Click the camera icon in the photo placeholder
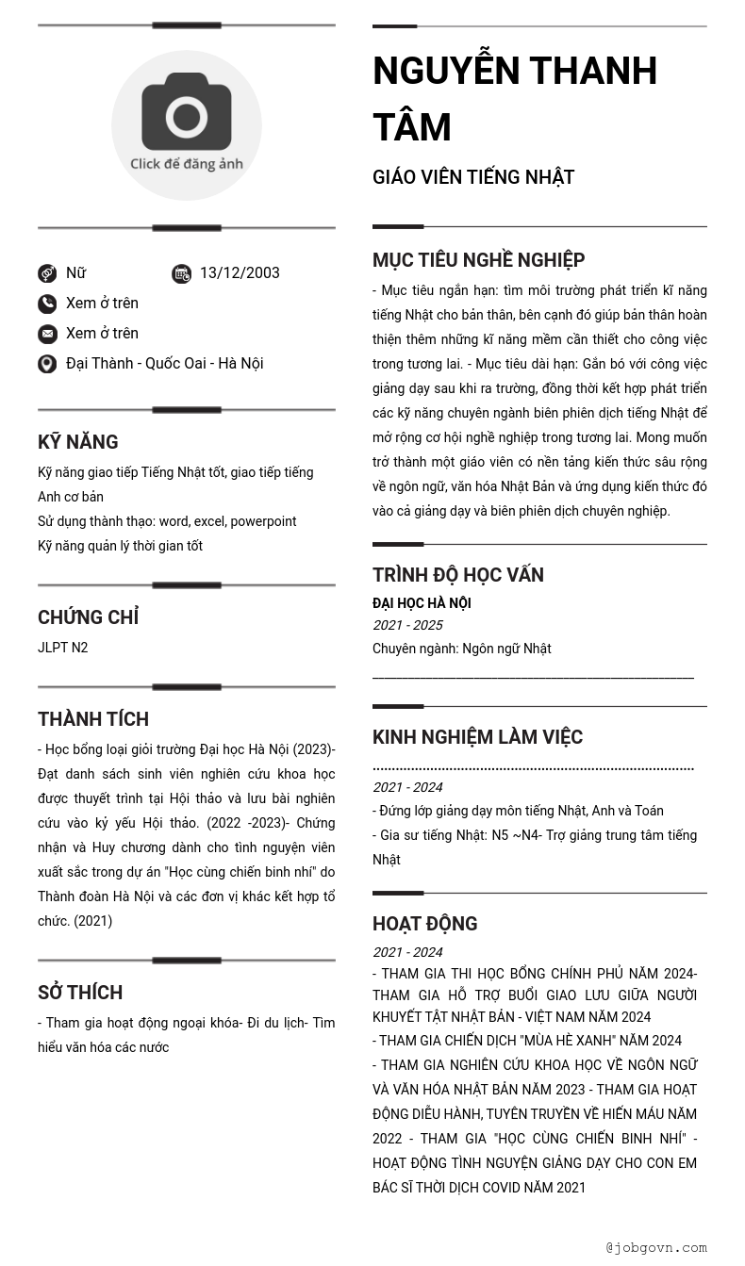(x=187, y=112)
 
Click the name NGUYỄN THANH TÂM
(x=514, y=99)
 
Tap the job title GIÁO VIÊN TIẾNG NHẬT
(x=473, y=177)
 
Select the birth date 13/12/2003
(x=240, y=273)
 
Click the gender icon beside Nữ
(x=47, y=273)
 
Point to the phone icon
(x=47, y=304)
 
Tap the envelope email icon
(x=47, y=334)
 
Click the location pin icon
(x=47, y=364)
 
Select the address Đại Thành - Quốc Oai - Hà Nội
(x=164, y=364)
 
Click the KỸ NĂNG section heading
(x=78, y=442)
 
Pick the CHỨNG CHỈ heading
(x=88, y=617)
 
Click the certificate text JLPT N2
(x=63, y=648)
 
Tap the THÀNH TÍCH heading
(x=93, y=719)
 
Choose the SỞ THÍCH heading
(x=80, y=993)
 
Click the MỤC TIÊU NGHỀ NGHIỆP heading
(x=478, y=260)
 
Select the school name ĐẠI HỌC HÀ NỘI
(x=422, y=603)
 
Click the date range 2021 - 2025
(x=407, y=625)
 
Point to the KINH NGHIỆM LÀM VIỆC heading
(x=477, y=737)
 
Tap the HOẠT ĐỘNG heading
(x=424, y=924)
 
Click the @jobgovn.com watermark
(x=656, y=1247)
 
